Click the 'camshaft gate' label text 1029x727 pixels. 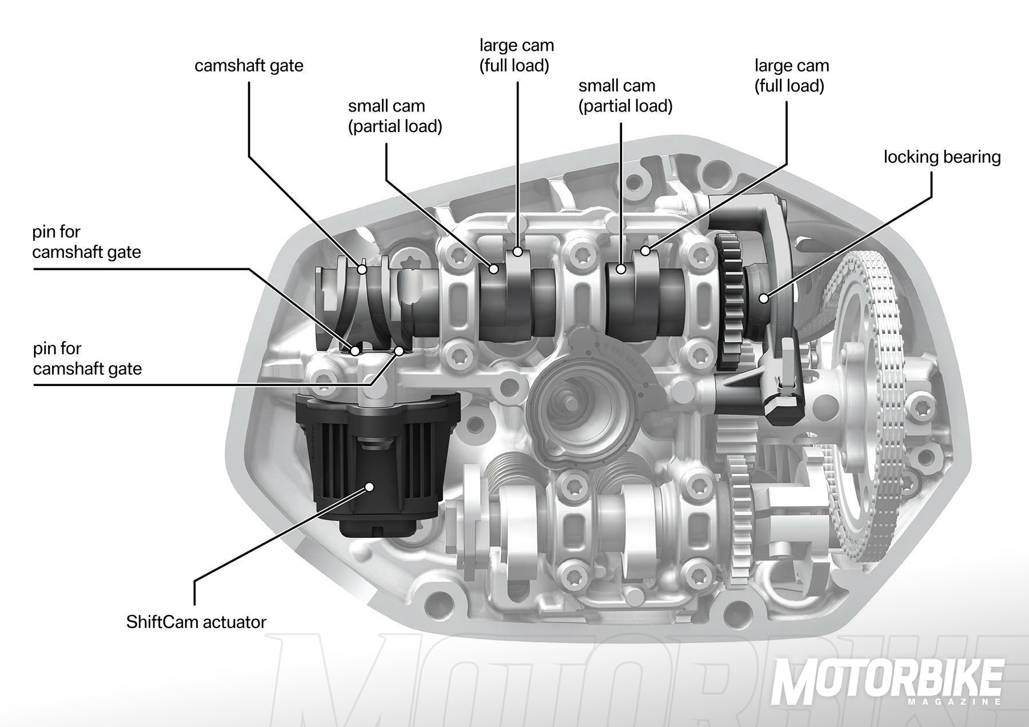tap(249, 66)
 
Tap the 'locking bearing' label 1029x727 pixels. tap(942, 157)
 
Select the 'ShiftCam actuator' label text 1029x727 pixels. tap(196, 622)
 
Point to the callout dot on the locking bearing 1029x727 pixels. tap(763, 297)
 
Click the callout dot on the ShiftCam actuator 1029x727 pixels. tap(369, 487)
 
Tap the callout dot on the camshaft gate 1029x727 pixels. tap(362, 269)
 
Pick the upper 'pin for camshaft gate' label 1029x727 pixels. tap(86, 242)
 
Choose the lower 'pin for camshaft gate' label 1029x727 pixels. tap(87, 359)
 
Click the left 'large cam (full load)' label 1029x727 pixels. tap(516, 55)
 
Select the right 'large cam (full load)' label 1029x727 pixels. tap(791, 76)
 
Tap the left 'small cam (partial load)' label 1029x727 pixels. tap(395, 116)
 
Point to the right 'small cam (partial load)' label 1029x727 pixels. tap(625, 96)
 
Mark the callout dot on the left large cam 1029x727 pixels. tap(517, 251)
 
